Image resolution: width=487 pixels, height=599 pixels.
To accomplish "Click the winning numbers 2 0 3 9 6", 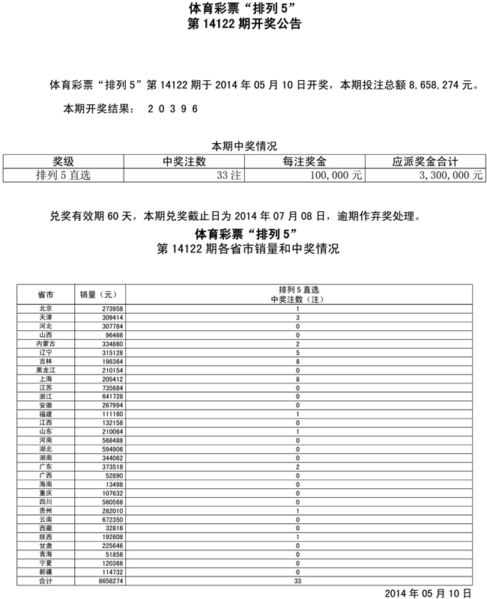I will pyautogui.click(x=172, y=108).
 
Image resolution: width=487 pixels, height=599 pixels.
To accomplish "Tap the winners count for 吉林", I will pyautogui.click(x=298, y=361).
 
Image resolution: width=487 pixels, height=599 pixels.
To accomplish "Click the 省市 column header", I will pyautogui.click(x=45, y=294).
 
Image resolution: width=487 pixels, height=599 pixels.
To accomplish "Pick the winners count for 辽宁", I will pyautogui.click(x=298, y=352).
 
